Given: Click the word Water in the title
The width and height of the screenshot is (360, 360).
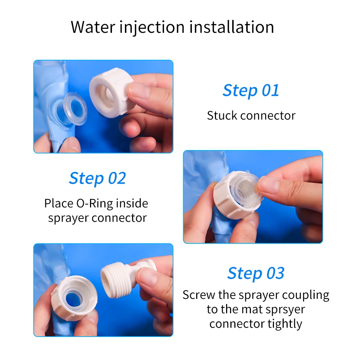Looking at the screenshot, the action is point(93,27).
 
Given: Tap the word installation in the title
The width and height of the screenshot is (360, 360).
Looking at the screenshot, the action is point(231,27).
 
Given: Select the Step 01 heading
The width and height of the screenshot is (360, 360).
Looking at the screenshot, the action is point(251,90).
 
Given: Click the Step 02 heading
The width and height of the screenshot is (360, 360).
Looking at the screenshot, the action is point(97,178).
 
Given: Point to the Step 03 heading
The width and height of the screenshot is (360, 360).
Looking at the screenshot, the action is point(256,273).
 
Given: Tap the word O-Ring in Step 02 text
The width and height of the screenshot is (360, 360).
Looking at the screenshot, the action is point(95,203).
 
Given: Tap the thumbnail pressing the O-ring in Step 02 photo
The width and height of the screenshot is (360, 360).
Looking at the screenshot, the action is point(267,186).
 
